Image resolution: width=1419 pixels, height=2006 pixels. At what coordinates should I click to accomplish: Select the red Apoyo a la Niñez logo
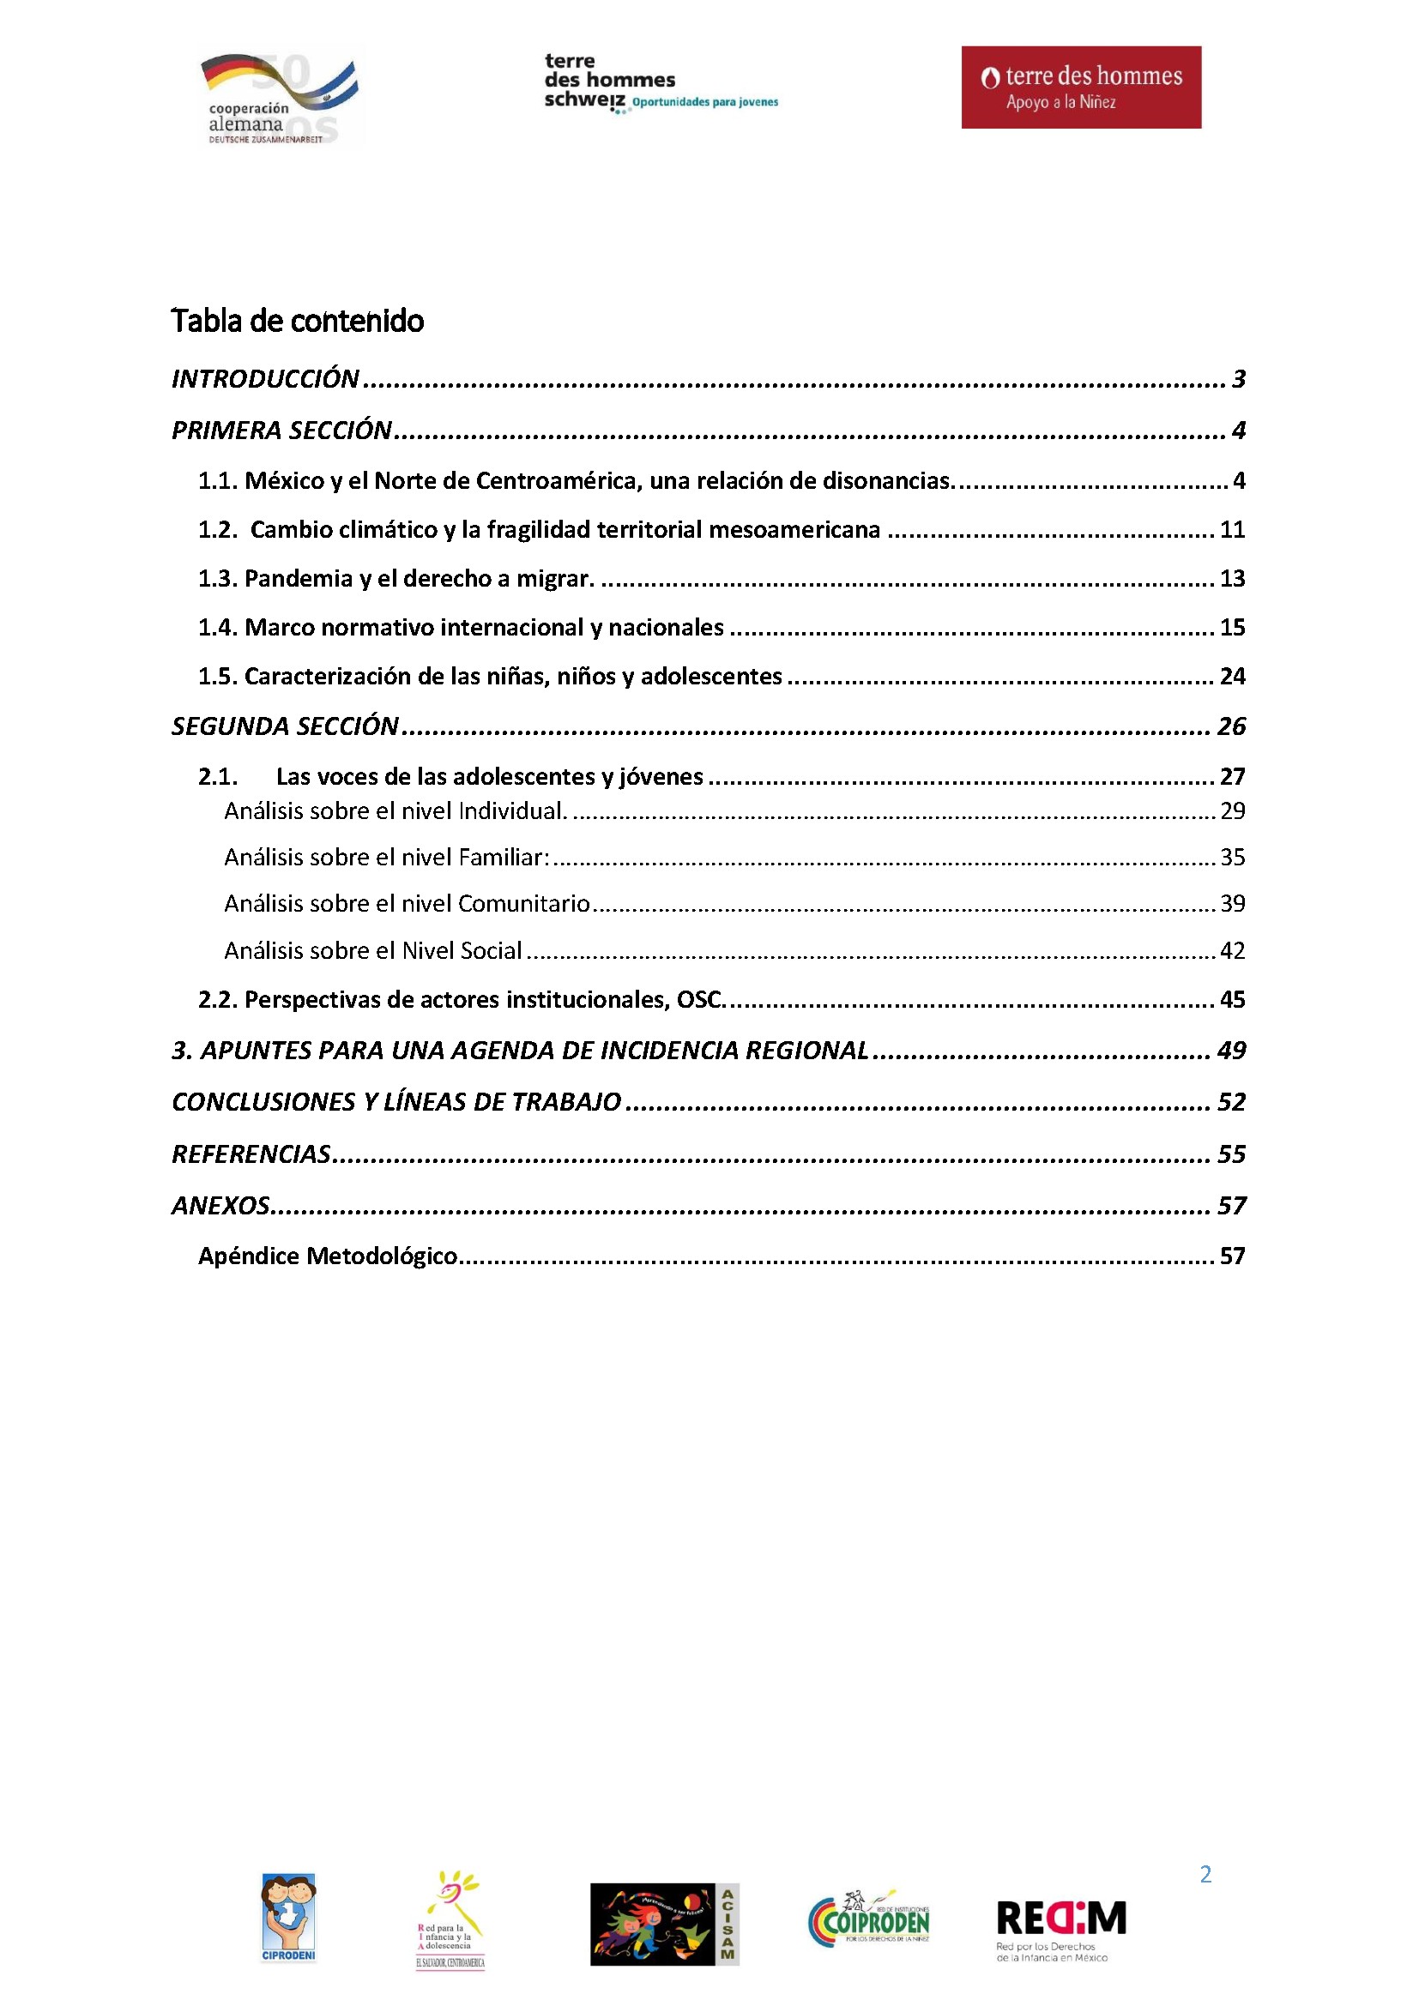click(1081, 87)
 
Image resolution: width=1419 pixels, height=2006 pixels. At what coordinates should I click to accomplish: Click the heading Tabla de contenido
click(297, 321)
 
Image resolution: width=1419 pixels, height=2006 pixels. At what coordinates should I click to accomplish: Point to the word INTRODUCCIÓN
click(265, 378)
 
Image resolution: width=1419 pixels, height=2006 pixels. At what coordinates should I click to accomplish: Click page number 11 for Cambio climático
click(1231, 529)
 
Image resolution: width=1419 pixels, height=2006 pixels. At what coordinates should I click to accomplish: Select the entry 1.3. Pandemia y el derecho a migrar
click(396, 578)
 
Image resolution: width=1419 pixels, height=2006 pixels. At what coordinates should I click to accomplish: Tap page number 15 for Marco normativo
click(1231, 627)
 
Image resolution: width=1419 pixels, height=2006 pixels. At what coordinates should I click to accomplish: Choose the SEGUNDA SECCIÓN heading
click(285, 726)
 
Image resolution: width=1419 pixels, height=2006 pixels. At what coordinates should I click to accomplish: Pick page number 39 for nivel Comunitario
click(1232, 903)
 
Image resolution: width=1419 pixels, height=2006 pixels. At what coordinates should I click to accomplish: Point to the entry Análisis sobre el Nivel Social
click(373, 950)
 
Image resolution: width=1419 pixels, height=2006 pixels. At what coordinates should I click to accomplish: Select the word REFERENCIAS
click(251, 1154)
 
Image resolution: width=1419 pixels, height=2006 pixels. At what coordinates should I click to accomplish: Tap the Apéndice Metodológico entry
click(328, 1256)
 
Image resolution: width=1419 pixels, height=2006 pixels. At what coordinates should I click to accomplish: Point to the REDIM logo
click(1060, 1928)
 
